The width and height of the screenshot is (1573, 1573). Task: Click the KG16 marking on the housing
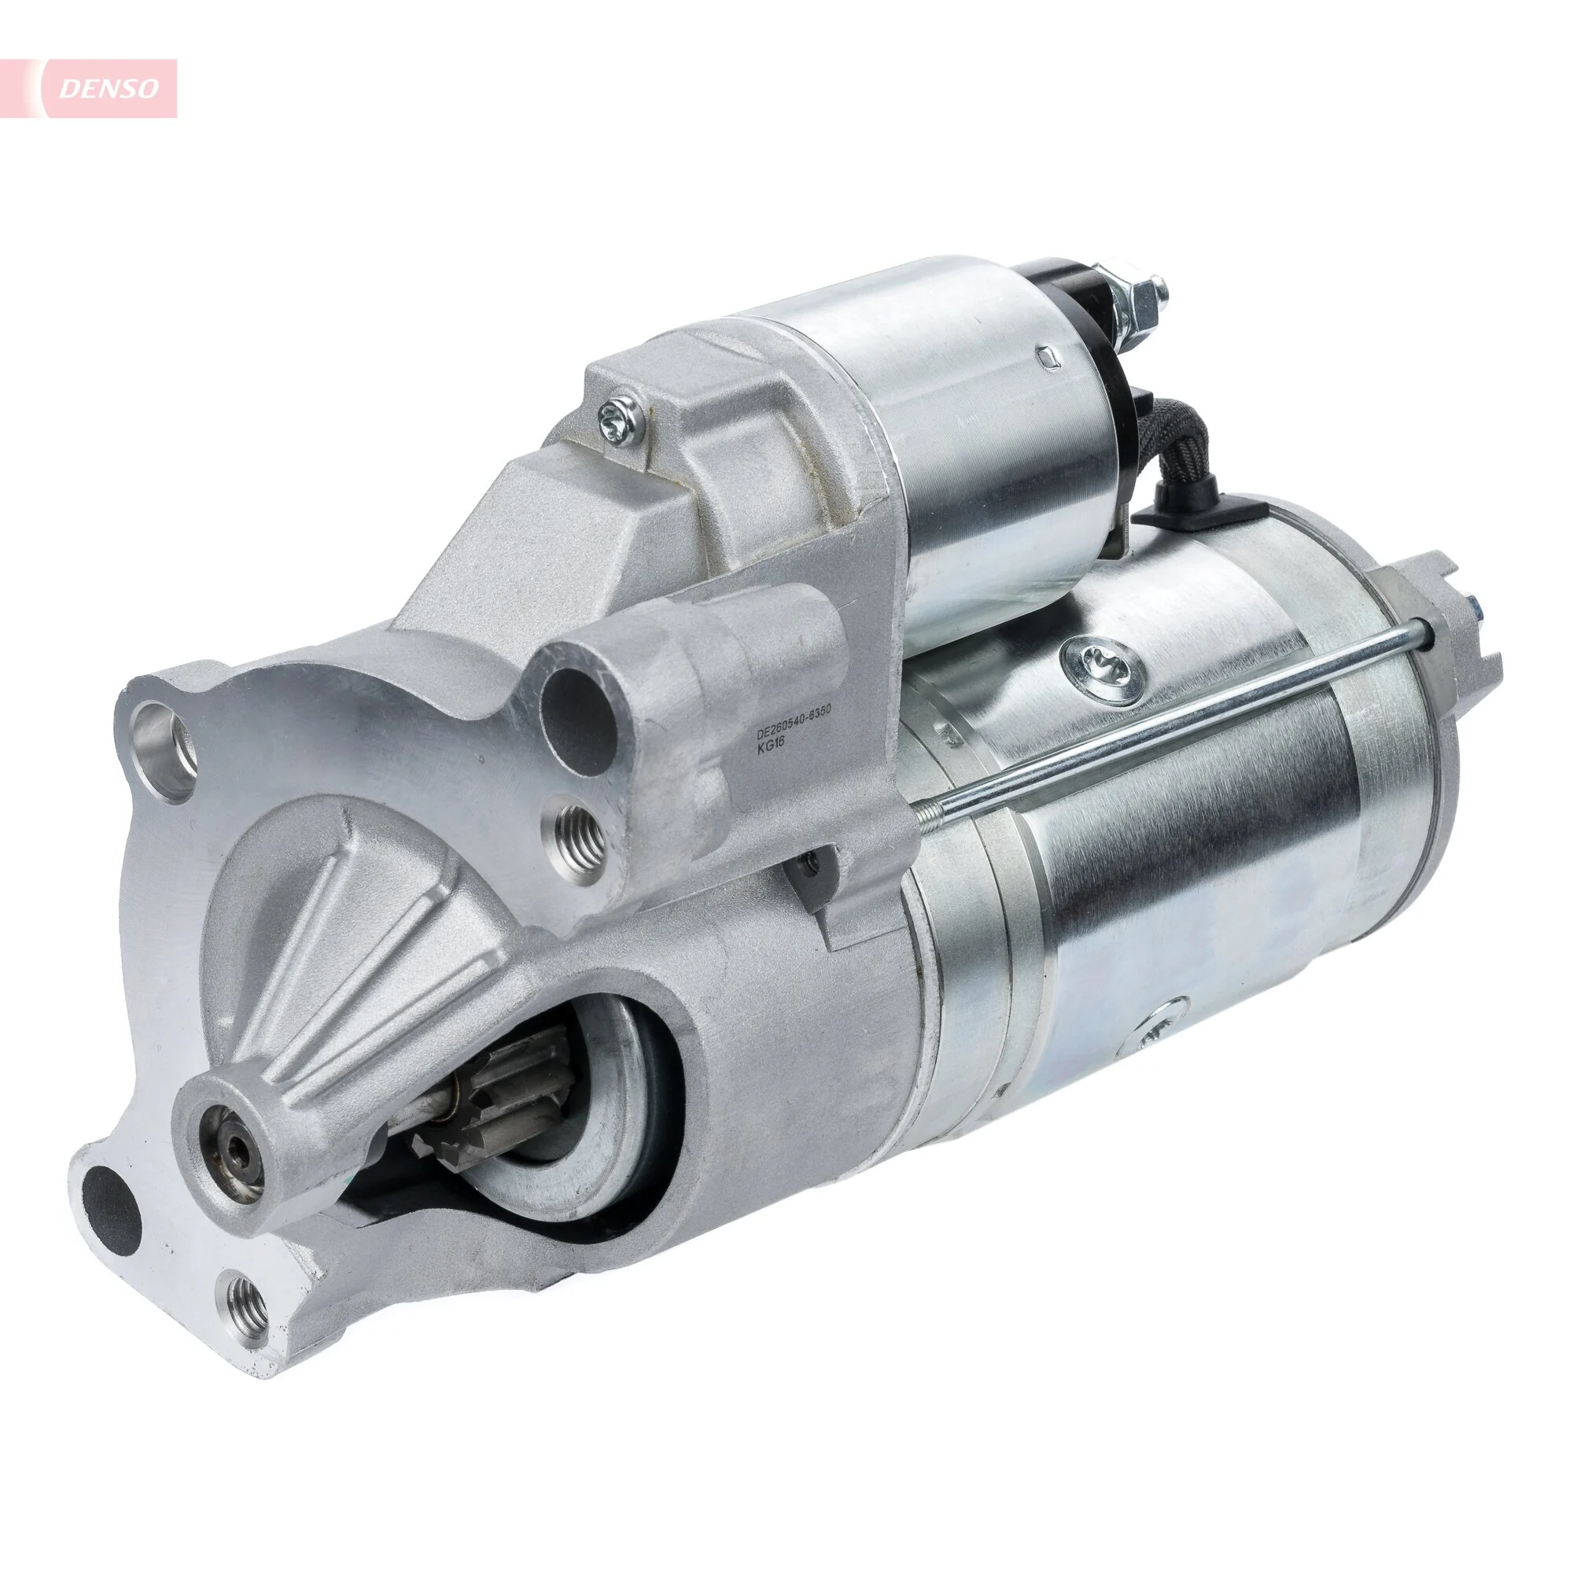[x=769, y=751]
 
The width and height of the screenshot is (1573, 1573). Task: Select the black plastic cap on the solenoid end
[x=1083, y=326]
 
